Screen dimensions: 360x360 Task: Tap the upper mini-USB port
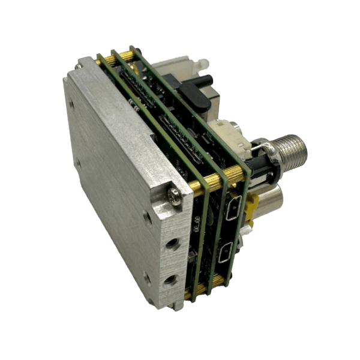pos(233,208)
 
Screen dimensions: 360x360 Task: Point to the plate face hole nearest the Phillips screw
pos(148,218)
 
